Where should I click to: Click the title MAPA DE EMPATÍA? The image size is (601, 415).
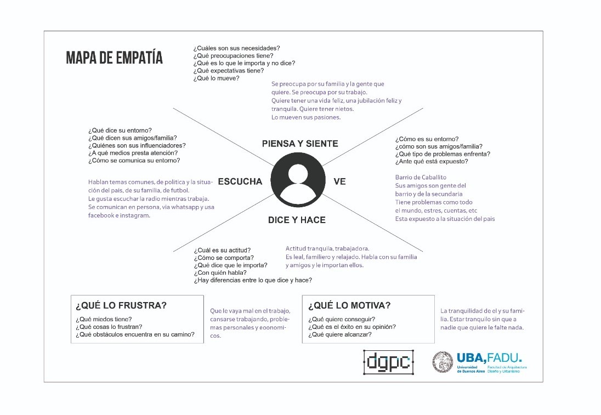tap(114, 58)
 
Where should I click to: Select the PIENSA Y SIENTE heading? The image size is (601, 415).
tap(300, 144)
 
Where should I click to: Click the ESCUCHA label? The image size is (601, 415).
tap(240, 181)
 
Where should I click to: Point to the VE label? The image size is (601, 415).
tap(339, 181)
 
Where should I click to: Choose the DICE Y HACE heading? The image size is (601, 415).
tap(297, 220)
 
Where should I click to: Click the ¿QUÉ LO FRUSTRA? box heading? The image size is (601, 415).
tap(121, 305)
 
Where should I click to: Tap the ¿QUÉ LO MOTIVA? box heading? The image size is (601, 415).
tap(349, 305)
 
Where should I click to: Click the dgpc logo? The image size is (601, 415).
tap(388, 362)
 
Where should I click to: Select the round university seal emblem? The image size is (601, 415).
tap(443, 362)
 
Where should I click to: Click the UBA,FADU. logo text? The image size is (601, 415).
tap(489, 357)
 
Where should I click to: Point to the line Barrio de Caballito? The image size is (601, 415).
tap(421, 177)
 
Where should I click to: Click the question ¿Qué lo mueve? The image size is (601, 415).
tap(216, 78)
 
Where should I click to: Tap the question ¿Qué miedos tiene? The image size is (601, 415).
tap(104, 319)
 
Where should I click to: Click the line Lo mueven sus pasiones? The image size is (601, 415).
tap(306, 117)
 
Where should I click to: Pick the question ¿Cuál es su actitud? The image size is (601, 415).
tap(222, 250)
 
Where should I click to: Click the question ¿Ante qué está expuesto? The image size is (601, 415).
tap(432, 162)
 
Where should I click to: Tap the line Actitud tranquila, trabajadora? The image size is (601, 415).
tap(327, 249)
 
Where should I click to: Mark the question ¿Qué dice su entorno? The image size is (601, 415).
tap(120, 130)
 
